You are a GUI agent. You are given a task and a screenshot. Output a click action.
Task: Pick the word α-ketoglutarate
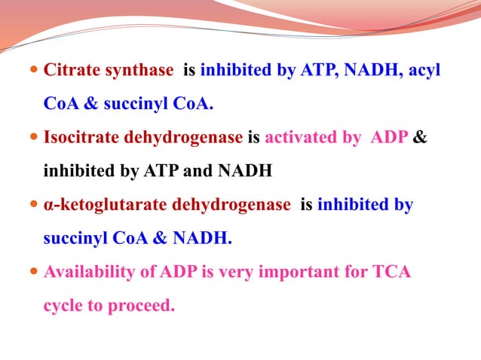point(105,205)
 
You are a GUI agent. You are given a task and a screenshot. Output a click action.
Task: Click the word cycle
point(63,306)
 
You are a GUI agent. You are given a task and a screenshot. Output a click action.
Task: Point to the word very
point(236,273)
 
